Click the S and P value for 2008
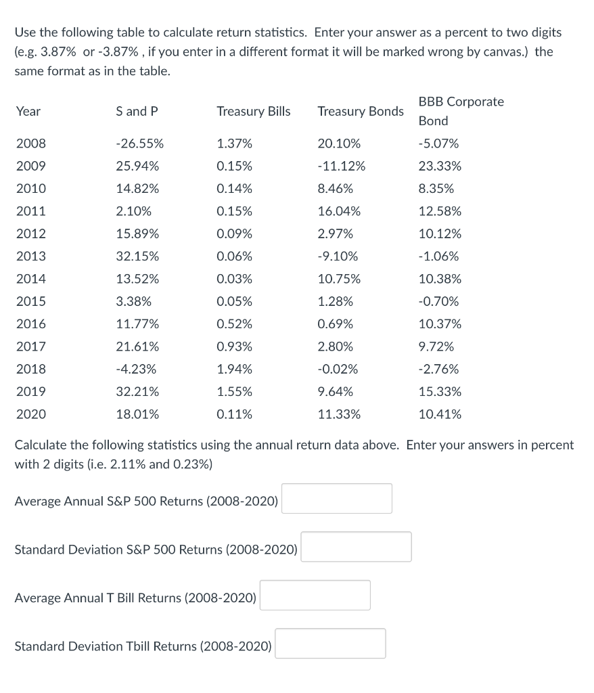(x=139, y=143)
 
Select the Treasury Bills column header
(x=253, y=112)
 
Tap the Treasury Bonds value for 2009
(x=341, y=166)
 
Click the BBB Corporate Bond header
(x=461, y=111)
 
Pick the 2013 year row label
(x=31, y=256)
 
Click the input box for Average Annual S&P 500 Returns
(x=336, y=499)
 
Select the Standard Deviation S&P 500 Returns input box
(x=356, y=547)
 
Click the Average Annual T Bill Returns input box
(x=315, y=596)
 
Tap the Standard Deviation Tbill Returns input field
(x=330, y=644)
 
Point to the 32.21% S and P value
(x=138, y=392)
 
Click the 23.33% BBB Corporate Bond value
(x=440, y=166)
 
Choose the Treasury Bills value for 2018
(x=234, y=370)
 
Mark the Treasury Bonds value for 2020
(x=339, y=414)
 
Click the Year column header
(x=28, y=112)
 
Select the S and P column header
(x=137, y=112)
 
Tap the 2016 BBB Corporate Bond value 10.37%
(x=440, y=324)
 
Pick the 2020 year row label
(x=31, y=414)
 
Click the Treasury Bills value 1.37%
(x=234, y=143)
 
